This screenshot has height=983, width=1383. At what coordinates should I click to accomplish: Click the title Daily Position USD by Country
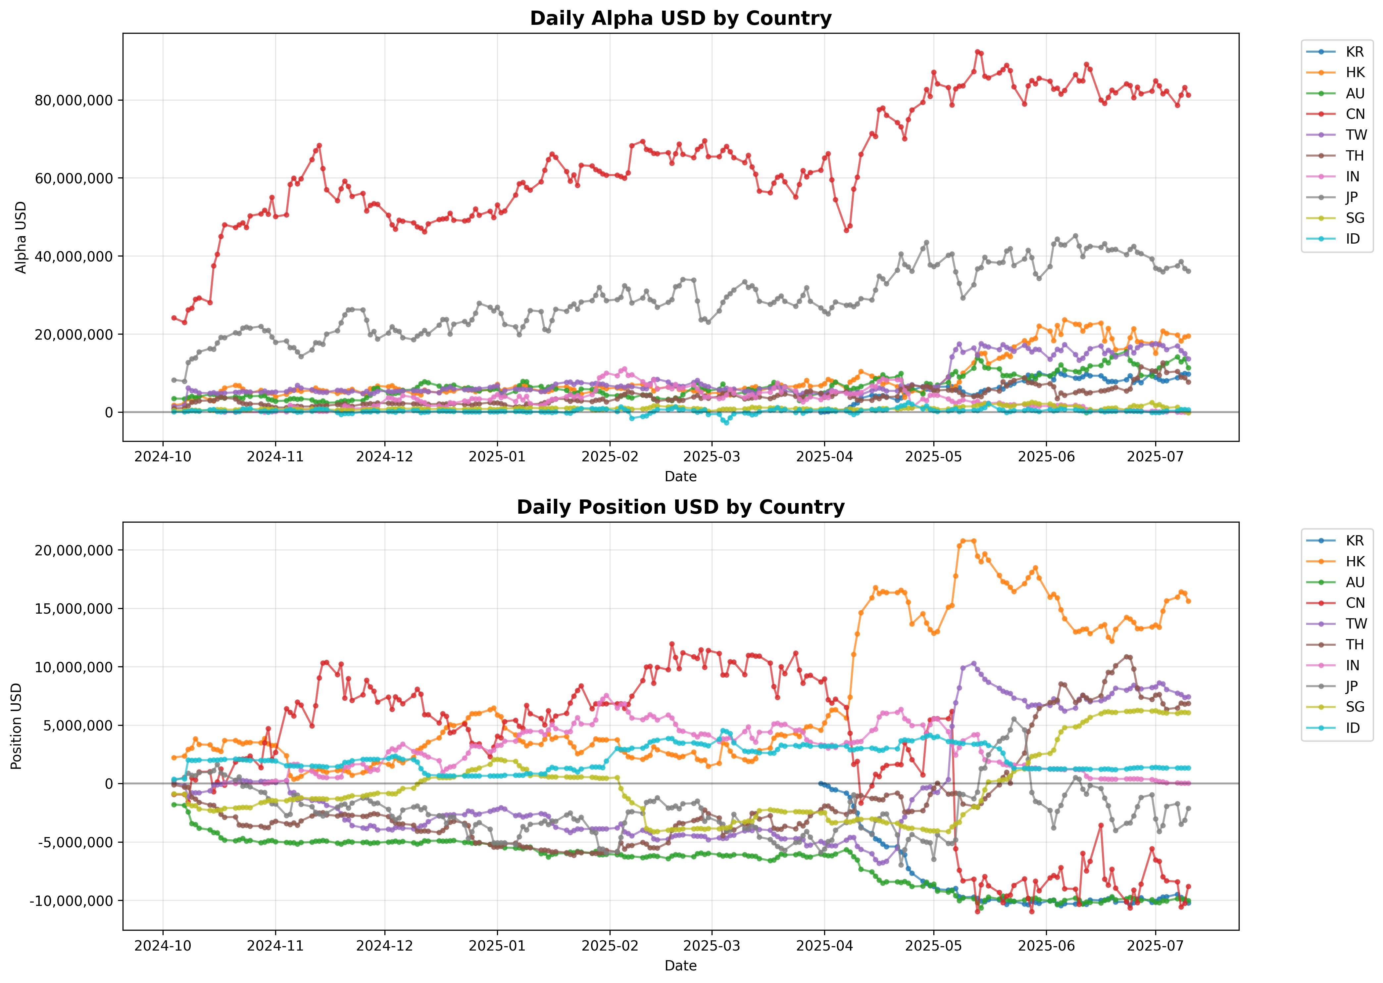click(681, 507)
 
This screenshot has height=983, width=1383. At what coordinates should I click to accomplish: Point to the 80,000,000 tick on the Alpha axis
click(74, 101)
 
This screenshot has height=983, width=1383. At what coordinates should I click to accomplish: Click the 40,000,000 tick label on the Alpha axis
click(74, 257)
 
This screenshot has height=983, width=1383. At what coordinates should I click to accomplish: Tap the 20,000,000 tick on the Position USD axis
click(74, 550)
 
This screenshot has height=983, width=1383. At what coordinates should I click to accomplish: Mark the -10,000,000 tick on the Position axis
click(72, 901)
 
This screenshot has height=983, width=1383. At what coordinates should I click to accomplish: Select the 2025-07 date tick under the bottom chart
click(1155, 946)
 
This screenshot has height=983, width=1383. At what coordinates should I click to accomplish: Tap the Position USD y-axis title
click(16, 726)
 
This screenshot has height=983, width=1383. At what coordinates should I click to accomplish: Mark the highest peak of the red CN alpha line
click(977, 52)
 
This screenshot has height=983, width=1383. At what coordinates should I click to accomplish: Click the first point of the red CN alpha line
click(174, 318)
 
